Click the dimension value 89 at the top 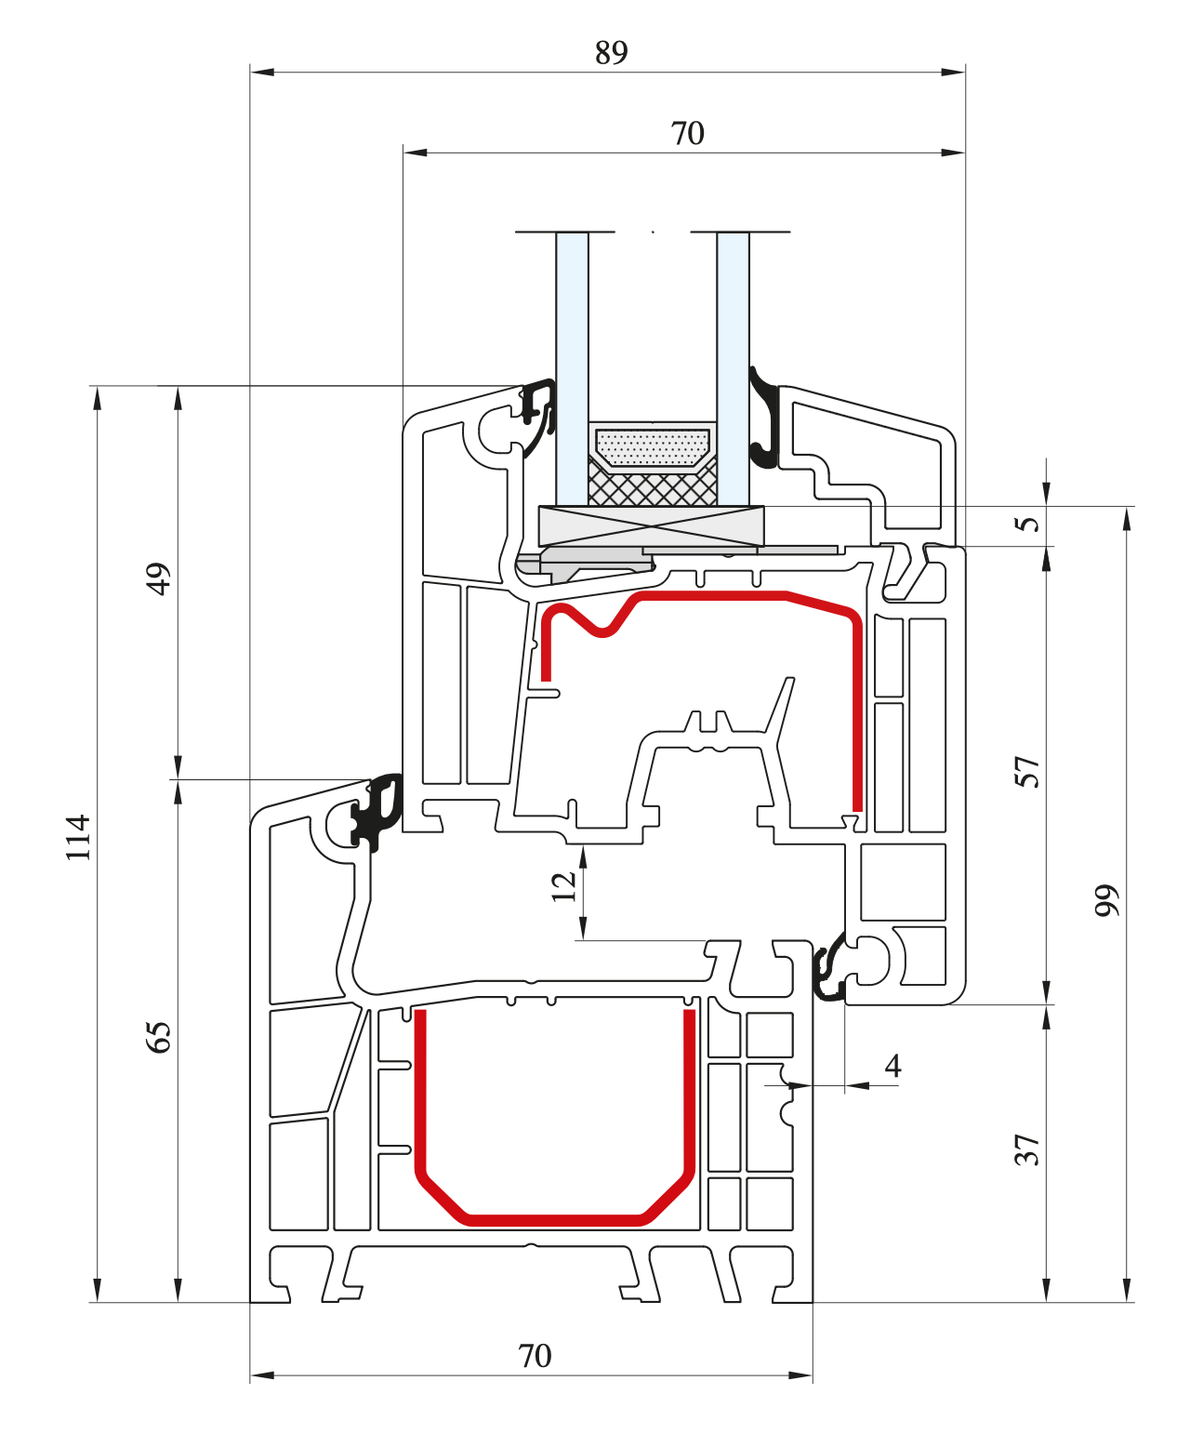click(x=611, y=53)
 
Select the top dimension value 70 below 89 click(x=687, y=134)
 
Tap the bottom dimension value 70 click(x=535, y=1356)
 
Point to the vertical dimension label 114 click(x=78, y=837)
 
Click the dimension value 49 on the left click(x=159, y=578)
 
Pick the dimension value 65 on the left click(x=159, y=1036)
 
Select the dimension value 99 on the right click(x=1106, y=900)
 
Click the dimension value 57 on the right click(x=1026, y=772)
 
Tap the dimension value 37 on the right click(x=1026, y=1150)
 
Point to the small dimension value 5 click(x=1026, y=524)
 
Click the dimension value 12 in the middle click(x=563, y=886)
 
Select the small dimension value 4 click(x=892, y=1066)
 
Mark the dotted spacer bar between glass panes click(x=653, y=447)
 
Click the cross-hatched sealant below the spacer click(x=653, y=486)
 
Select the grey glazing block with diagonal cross click(x=651, y=526)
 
